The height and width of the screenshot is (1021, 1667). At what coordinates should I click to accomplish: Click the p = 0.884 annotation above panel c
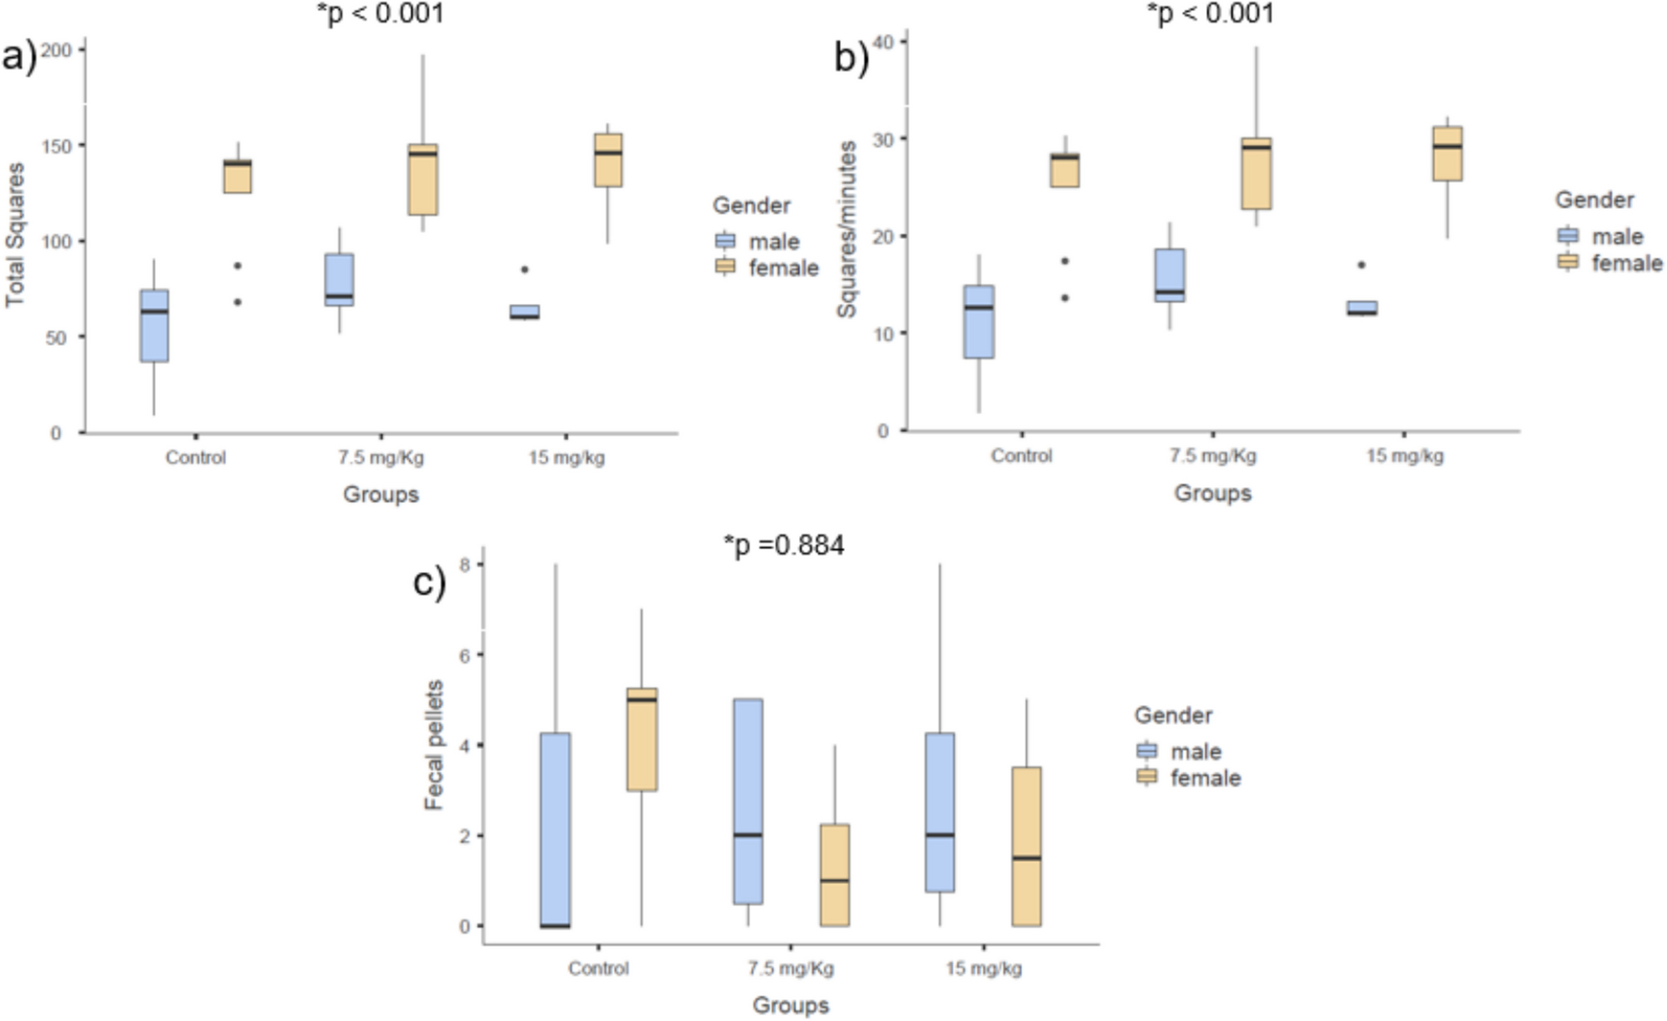(784, 545)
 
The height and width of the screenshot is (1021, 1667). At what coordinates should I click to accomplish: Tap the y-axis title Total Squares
(16, 235)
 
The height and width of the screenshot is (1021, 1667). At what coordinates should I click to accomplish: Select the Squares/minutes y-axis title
(847, 229)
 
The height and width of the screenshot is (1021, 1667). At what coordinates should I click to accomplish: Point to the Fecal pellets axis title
(434, 745)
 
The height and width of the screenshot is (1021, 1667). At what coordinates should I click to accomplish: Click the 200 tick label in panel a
(57, 51)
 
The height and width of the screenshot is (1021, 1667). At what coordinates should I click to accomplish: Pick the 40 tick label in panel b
(883, 41)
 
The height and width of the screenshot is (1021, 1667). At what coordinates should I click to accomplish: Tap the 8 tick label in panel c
(465, 565)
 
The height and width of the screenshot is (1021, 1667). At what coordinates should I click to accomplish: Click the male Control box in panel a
(154, 325)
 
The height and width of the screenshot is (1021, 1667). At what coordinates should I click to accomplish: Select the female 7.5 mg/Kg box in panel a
(423, 179)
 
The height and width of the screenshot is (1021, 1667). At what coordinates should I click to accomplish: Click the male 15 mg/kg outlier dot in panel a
(525, 269)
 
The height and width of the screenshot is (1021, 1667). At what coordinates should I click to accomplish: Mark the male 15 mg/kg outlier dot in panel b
(1361, 265)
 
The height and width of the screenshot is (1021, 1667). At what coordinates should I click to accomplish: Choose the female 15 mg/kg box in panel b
(1447, 153)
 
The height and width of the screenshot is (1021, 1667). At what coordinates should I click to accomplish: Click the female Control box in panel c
(642, 739)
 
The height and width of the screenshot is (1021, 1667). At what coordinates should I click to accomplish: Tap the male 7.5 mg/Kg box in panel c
(748, 801)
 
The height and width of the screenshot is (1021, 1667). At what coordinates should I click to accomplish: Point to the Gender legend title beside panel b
(1594, 200)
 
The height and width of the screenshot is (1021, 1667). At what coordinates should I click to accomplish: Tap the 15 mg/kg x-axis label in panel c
(983, 969)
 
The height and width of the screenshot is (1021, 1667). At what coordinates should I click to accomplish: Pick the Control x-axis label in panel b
(1021, 456)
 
